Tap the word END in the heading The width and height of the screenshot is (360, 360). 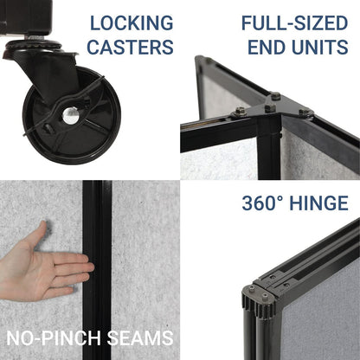tap(268, 47)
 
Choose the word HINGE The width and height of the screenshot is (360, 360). tap(319, 204)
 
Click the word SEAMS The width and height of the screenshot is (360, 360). tap(142, 337)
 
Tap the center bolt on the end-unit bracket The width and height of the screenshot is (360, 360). tap(269, 108)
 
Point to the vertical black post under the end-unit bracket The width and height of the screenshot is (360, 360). tap(271, 151)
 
